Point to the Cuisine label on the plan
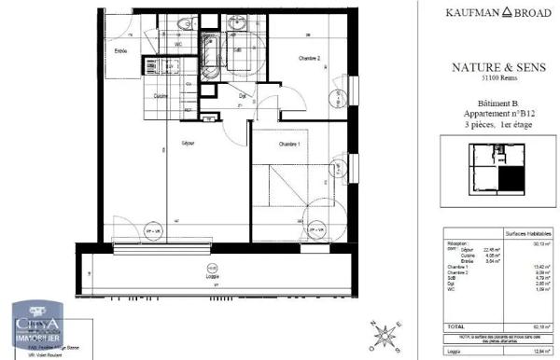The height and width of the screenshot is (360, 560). click(161, 97)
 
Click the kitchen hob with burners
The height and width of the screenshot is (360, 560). click(148, 66)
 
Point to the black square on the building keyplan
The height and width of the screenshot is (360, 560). click(511, 176)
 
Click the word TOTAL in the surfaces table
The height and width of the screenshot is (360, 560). click(456, 325)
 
